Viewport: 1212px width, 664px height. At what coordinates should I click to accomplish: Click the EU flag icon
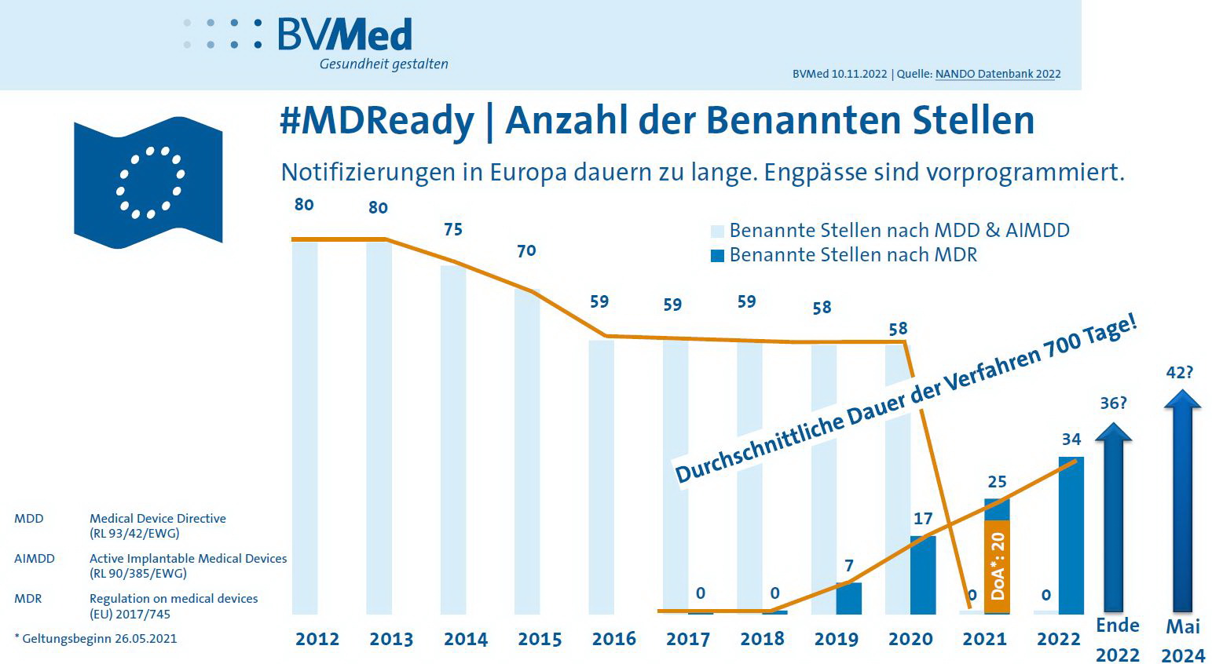point(148,181)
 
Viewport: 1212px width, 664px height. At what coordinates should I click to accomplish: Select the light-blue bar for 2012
point(305,427)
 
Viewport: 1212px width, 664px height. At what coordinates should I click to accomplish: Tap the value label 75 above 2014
point(453,229)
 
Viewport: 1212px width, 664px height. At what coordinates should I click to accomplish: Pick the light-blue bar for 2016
point(602,476)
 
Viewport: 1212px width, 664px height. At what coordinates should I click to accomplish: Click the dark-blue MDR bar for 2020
point(923,575)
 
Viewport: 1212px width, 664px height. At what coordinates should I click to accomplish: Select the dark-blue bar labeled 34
point(1071,535)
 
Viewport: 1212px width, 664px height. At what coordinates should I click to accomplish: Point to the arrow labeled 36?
point(1114,518)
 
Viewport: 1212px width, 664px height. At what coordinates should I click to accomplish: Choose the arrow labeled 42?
point(1182,502)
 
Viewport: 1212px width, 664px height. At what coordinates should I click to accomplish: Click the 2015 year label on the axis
point(540,639)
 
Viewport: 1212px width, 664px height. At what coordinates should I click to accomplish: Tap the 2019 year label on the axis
point(836,639)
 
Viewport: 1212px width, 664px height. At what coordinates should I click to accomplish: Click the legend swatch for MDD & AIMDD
point(717,232)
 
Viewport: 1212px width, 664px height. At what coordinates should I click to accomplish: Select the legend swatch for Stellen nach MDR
point(717,256)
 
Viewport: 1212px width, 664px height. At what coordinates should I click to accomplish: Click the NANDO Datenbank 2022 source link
point(998,74)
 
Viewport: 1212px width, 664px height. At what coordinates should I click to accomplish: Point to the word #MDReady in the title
point(377,121)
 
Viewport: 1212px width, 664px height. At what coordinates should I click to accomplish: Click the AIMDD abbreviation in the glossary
point(35,559)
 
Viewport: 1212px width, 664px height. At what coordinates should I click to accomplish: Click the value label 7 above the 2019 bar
point(848,566)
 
